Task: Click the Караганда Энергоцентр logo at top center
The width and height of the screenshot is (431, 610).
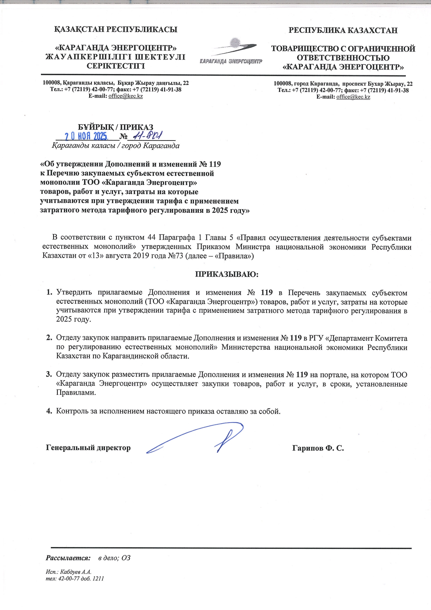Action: click(231, 52)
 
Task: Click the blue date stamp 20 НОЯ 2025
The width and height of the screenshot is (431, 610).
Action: click(87, 136)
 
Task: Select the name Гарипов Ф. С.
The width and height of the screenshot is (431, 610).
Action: click(318, 448)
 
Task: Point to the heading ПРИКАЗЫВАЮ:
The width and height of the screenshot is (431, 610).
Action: click(227, 274)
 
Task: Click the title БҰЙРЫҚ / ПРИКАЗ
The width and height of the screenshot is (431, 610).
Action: click(115, 127)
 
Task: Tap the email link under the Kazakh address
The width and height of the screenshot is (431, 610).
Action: click(125, 96)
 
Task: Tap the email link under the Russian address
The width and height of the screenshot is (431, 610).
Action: click(353, 97)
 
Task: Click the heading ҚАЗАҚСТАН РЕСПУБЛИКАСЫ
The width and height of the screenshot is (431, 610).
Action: click(115, 30)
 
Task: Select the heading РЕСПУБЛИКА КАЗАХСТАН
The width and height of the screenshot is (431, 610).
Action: click(343, 30)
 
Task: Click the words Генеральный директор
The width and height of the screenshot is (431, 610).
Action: click(88, 448)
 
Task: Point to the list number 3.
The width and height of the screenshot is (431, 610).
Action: click(49, 375)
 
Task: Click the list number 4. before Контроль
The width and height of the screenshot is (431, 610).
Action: click(49, 411)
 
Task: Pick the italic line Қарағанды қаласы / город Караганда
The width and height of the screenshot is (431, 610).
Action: click(116, 146)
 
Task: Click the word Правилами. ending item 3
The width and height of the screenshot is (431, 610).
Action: click(76, 393)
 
